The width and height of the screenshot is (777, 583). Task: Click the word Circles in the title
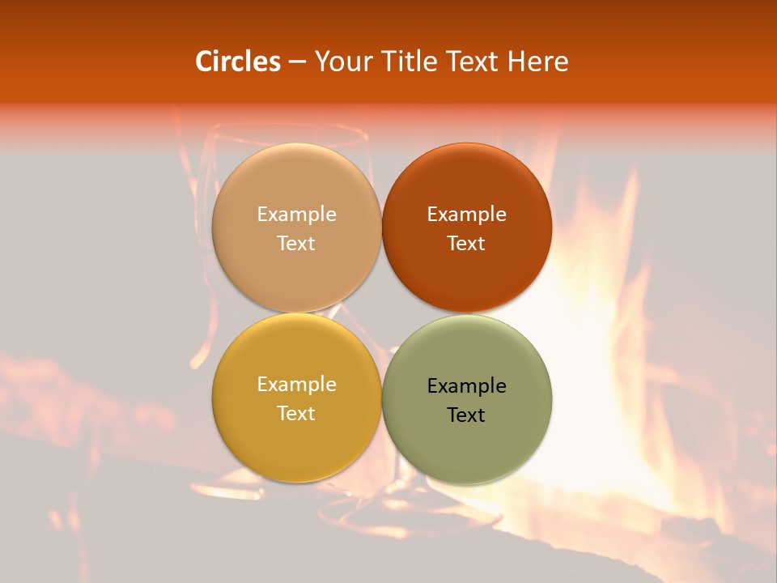[x=238, y=62]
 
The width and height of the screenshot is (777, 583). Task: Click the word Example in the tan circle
[x=296, y=215]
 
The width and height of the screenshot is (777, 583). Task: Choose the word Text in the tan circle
[x=296, y=244]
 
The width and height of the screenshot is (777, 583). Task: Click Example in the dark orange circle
[x=466, y=215]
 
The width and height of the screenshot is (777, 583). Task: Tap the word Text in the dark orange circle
[x=466, y=244]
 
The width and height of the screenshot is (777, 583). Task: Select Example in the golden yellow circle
[x=296, y=385]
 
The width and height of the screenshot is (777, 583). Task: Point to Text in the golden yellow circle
[x=296, y=414]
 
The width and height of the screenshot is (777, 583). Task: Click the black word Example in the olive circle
[x=466, y=386]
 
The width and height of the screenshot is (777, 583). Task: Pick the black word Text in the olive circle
[x=466, y=415]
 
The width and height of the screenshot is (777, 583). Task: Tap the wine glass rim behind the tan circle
[x=283, y=130]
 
